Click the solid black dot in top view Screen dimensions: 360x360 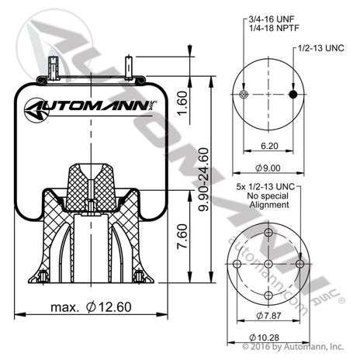coord(292,95)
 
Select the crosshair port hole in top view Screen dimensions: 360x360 coord(244,95)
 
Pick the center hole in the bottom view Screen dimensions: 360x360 coord(267,265)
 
